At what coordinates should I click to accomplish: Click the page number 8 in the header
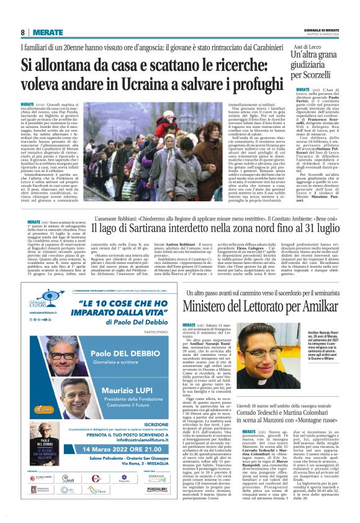point(22,32)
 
